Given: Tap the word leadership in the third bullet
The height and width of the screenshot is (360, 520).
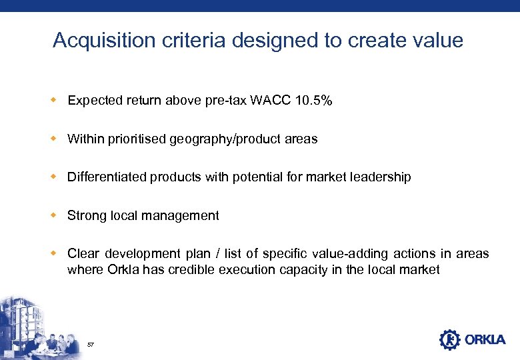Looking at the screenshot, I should pyautogui.click(x=381, y=177).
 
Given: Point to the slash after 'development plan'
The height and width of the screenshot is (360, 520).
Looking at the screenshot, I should pyautogui.click(x=211, y=254).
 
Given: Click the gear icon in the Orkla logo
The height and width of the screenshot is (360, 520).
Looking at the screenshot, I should pyautogui.click(x=449, y=340).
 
